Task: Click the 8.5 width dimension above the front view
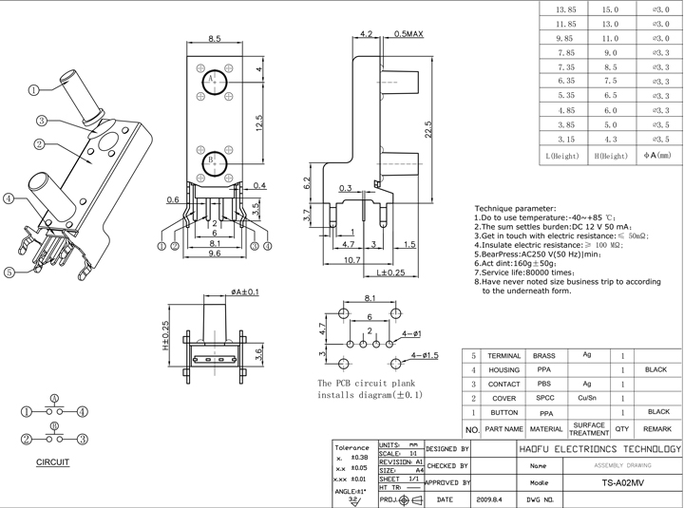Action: [x=214, y=39]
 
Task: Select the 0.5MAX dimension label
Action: [x=407, y=33]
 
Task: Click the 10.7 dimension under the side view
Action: [x=352, y=259]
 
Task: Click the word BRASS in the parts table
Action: [x=544, y=353]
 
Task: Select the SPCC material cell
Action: [x=544, y=398]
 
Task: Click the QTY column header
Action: [x=622, y=428]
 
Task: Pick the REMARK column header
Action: [x=657, y=428]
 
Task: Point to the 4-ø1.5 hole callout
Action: [x=424, y=355]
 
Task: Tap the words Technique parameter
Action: [x=514, y=207]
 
